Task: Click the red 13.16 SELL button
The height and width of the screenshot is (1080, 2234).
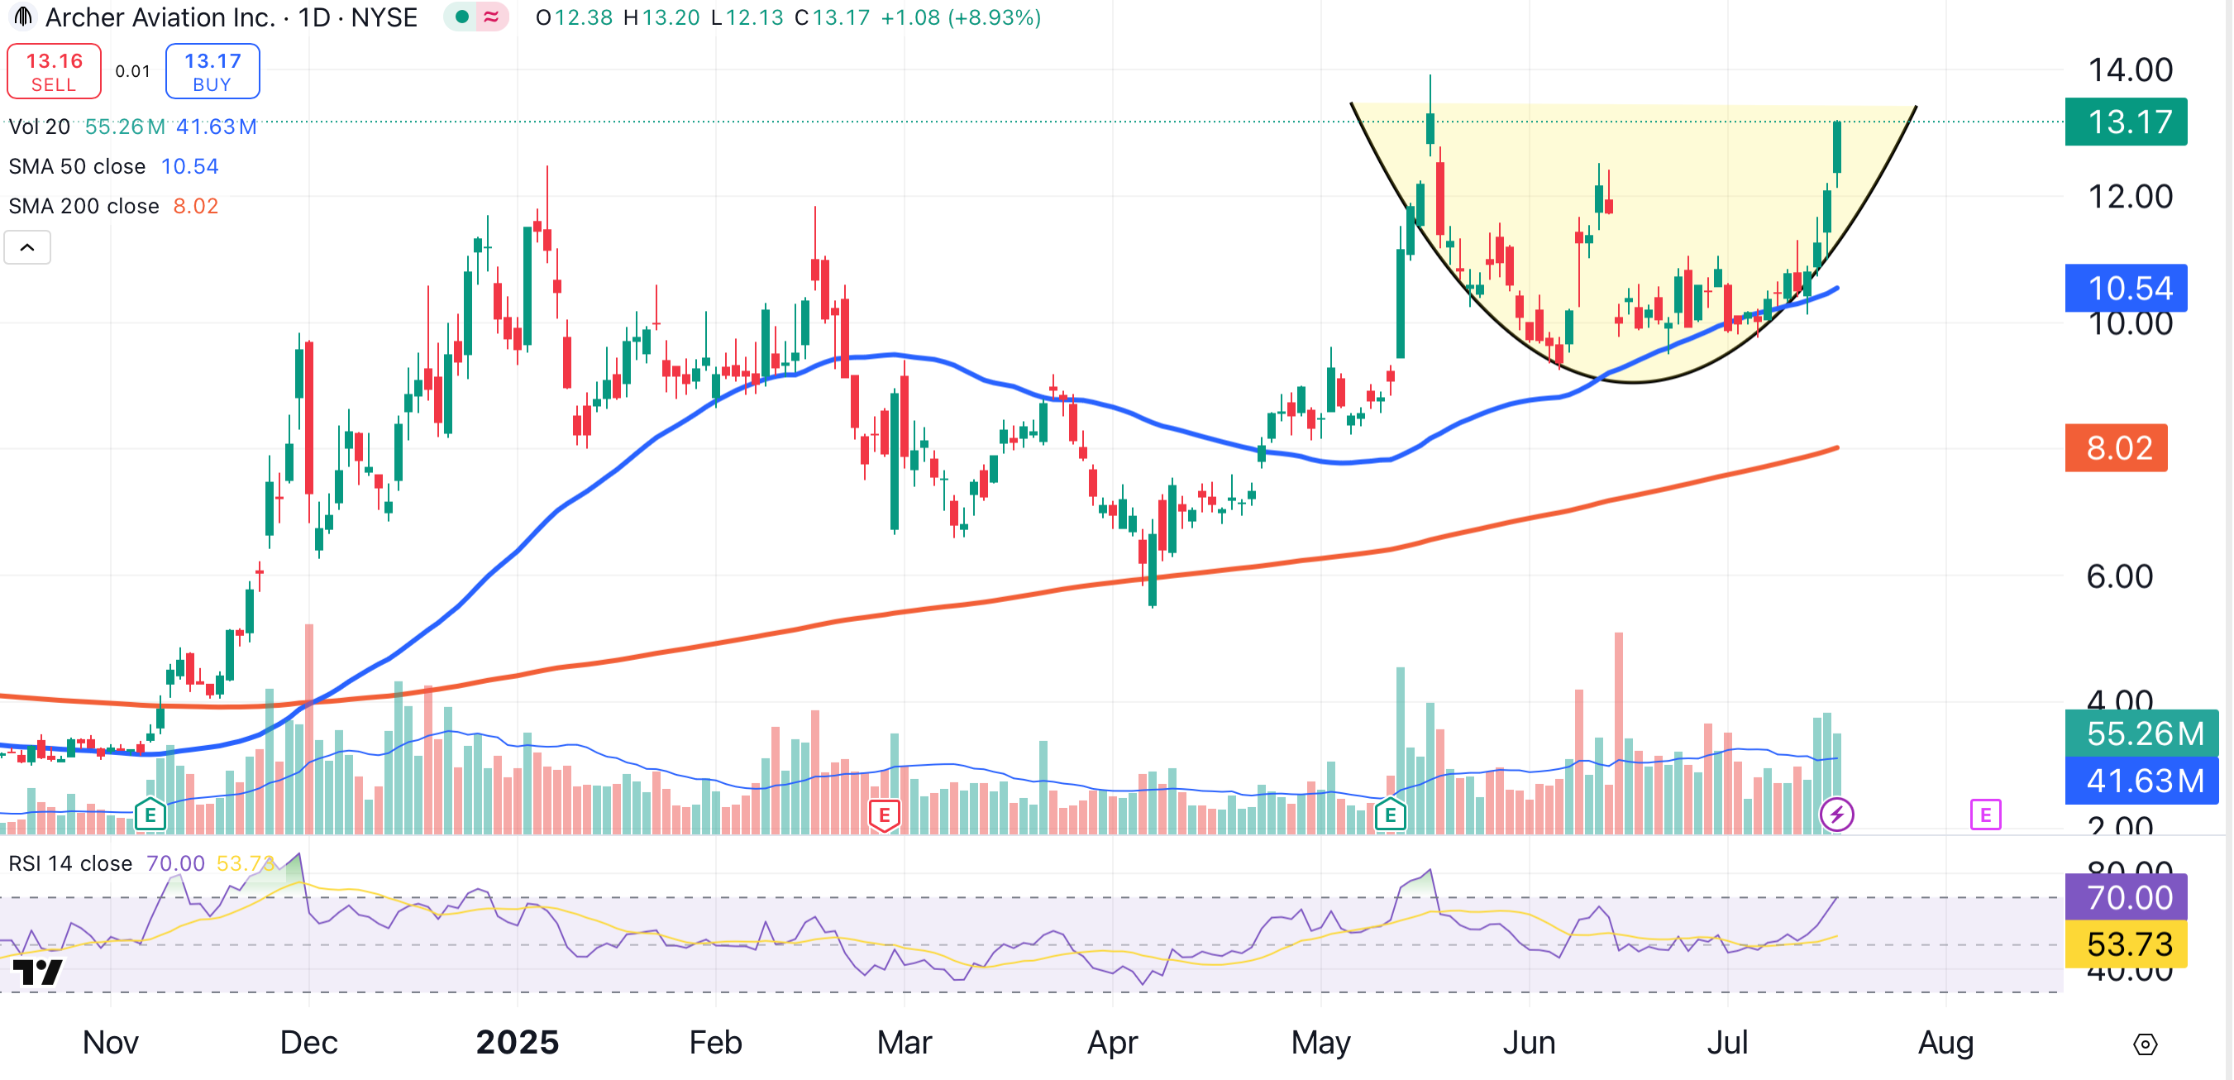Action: tap(54, 71)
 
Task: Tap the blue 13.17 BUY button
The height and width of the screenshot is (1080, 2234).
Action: tap(212, 71)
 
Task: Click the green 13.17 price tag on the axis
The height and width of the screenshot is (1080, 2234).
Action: tap(2126, 122)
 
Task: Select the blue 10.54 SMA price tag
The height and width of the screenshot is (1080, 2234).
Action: tap(2126, 288)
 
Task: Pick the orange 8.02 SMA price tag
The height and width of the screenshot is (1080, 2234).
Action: tap(2116, 447)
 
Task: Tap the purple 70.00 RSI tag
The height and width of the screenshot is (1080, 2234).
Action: tap(2126, 897)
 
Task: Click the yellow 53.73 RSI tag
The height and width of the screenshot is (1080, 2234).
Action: tap(2126, 944)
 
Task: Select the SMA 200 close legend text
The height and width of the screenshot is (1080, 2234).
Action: tap(84, 207)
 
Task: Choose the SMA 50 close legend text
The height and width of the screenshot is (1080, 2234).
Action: tap(77, 166)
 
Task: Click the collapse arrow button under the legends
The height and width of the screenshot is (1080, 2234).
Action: tap(28, 248)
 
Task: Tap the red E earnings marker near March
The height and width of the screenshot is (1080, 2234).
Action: tap(884, 815)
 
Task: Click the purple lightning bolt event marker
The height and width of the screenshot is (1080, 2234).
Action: tap(1836, 815)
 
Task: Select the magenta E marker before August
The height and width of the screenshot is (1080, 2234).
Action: tap(1985, 815)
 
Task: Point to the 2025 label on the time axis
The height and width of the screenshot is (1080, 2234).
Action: tap(517, 1042)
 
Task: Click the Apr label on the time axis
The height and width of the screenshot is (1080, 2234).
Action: tap(1112, 1042)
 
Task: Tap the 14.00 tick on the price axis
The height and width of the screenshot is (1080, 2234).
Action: tap(2130, 70)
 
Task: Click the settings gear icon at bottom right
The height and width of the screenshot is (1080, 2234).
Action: tap(2145, 1044)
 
